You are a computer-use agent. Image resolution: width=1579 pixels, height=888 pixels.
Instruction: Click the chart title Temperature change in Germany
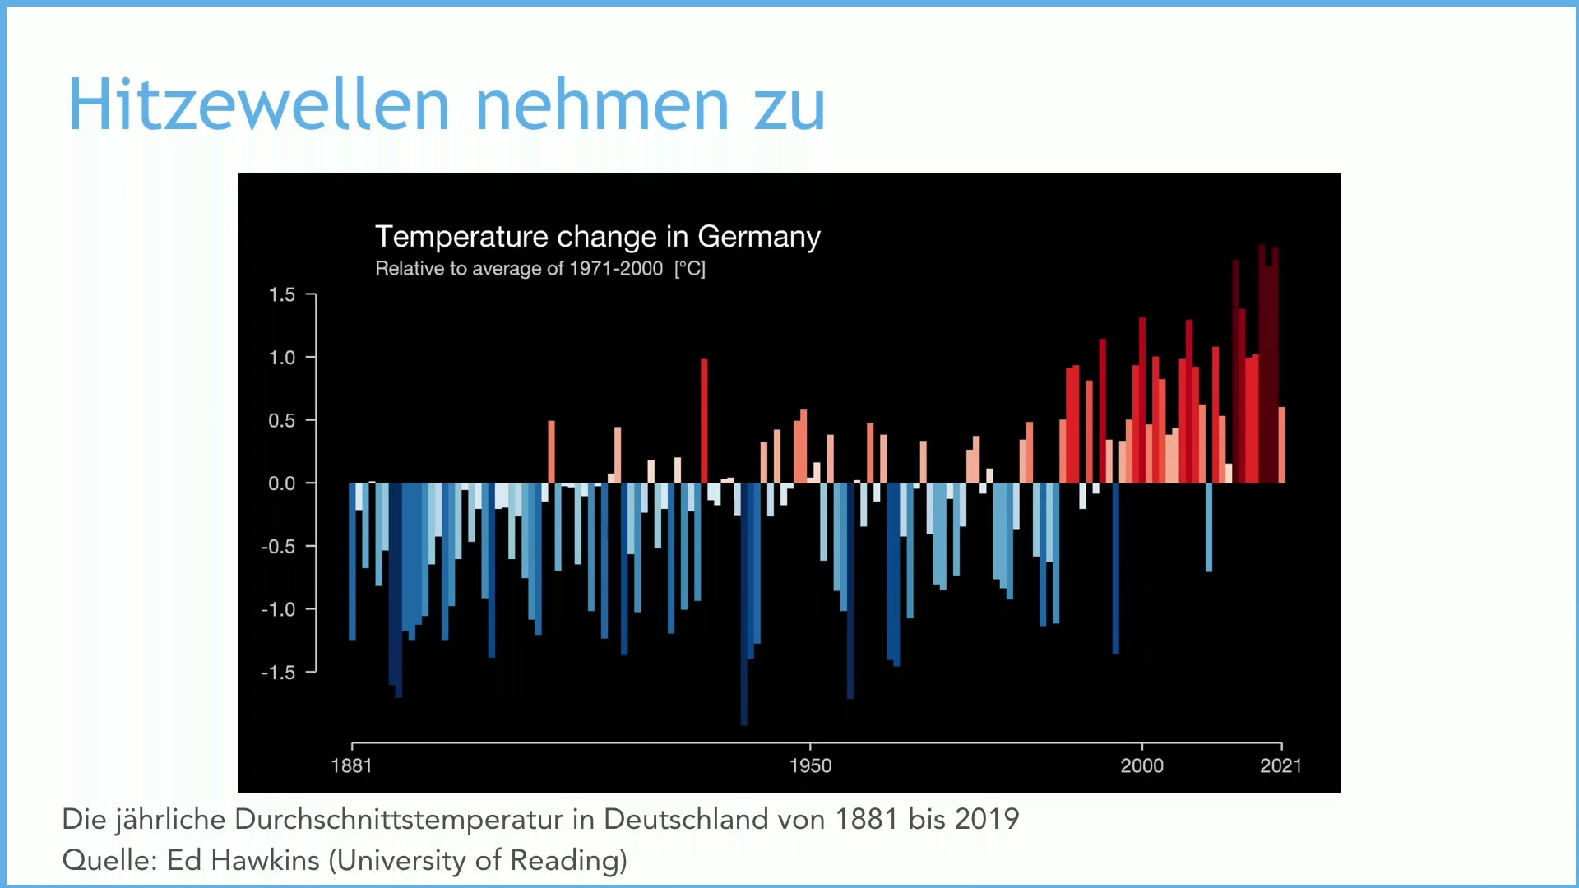click(x=598, y=237)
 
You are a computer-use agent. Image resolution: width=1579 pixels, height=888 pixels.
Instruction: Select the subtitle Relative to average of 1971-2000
click(x=519, y=269)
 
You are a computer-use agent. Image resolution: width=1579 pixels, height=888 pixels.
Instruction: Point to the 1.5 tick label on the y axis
click(x=281, y=294)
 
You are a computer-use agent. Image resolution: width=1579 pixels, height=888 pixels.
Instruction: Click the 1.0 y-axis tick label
click(x=281, y=358)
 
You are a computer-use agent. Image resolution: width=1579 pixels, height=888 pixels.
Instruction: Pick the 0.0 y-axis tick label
click(x=281, y=483)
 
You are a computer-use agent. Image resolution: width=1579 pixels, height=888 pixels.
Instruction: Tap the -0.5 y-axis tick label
click(x=278, y=547)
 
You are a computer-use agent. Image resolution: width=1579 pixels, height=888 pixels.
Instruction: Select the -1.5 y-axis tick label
click(x=278, y=673)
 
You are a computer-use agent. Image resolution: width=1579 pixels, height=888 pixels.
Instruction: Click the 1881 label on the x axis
click(x=351, y=766)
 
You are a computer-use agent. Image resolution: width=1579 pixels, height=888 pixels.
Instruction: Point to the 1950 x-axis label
click(x=810, y=766)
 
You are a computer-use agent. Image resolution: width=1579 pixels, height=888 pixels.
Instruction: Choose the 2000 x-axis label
click(x=1141, y=766)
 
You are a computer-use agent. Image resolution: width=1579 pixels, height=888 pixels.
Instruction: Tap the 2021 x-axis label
click(x=1280, y=766)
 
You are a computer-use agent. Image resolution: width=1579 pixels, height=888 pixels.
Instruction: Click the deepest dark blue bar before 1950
click(x=744, y=604)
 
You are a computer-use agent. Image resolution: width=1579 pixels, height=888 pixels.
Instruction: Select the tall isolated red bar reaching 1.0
click(x=704, y=421)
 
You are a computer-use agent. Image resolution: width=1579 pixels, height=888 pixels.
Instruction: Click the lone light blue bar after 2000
click(x=1209, y=527)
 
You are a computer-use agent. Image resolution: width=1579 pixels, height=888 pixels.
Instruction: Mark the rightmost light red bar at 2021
click(x=1281, y=445)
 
